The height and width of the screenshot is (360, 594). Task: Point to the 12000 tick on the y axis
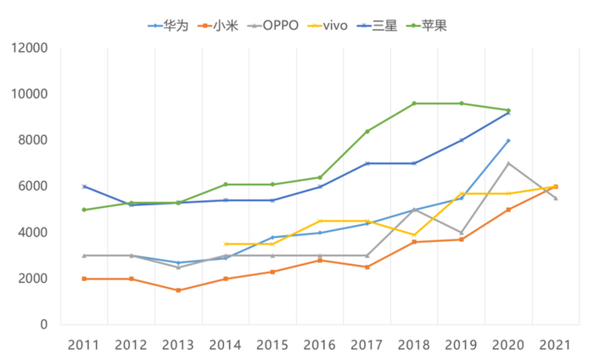point(30,48)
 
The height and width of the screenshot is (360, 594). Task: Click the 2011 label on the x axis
point(84,346)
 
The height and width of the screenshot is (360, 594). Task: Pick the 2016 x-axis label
point(319,346)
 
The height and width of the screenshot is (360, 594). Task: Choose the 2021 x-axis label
point(555,346)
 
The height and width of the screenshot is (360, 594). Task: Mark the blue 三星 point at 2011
point(84,186)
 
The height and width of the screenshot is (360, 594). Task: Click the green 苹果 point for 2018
point(414,104)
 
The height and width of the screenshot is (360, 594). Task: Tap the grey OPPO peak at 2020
point(508,163)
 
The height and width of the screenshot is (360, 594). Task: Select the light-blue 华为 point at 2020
point(508,140)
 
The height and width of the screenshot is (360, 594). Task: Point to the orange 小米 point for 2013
point(178,290)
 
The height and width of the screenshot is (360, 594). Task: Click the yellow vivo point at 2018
point(414,235)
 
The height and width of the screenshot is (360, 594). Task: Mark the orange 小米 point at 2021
point(556,186)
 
